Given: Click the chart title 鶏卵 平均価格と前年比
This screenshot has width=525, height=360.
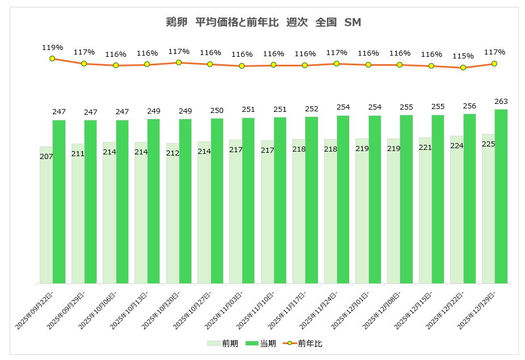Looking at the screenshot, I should tap(262, 23).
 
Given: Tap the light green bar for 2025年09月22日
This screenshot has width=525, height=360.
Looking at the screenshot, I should tap(46, 216).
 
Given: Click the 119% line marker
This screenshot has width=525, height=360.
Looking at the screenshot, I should tap(52, 58).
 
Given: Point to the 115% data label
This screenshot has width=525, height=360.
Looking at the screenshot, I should tap(463, 56).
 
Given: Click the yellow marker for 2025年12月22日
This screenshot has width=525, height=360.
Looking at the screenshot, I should tap(463, 68).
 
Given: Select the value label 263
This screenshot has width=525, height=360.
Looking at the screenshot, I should tap(501, 102).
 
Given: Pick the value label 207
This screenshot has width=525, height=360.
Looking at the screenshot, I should tap(47, 156).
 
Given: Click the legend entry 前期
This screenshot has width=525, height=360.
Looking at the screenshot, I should tap(222, 344).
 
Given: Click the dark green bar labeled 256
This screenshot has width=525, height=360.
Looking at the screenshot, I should tap(469, 199).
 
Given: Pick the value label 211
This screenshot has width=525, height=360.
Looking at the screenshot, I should tap(78, 153).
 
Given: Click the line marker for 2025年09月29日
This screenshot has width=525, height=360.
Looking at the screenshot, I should tap(84, 64).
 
